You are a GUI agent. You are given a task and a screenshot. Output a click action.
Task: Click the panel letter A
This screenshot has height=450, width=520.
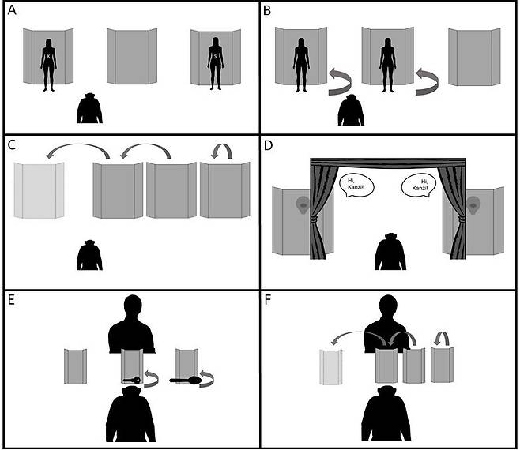pyautogui.click(x=12, y=10)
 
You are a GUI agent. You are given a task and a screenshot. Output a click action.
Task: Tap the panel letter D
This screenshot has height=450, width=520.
pyautogui.click(x=268, y=145)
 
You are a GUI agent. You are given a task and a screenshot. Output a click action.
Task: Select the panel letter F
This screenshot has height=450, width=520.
pyautogui.click(x=267, y=300)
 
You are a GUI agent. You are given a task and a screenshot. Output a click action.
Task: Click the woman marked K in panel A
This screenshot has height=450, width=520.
pyautogui.click(x=48, y=65)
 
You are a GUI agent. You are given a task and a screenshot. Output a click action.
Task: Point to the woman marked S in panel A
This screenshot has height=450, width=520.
pyautogui.click(x=216, y=63)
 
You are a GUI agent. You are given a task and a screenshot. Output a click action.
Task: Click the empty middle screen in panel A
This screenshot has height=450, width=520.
pyautogui.click(x=132, y=56)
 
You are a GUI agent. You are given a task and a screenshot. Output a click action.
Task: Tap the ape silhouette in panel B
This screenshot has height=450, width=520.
pyautogui.click(x=351, y=110)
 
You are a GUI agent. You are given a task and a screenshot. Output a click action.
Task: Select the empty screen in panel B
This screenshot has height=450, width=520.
pyautogui.click(x=474, y=57)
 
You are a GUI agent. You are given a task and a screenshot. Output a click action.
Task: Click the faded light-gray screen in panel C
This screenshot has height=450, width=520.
pyautogui.click(x=40, y=190)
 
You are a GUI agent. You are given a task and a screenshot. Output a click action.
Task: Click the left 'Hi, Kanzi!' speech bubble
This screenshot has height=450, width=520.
pyautogui.click(x=357, y=185)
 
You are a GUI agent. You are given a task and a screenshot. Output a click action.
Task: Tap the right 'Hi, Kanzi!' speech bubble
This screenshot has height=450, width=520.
pyautogui.click(x=419, y=185)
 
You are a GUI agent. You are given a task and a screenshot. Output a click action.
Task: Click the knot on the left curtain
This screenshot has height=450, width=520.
pyautogui.click(x=314, y=219)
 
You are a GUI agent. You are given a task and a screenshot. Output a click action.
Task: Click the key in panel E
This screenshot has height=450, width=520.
pyautogui.click(x=132, y=380)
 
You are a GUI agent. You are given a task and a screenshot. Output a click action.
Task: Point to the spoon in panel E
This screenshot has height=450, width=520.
pyautogui.click(x=185, y=381)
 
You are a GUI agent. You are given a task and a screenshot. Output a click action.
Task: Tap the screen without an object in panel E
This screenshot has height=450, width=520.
pyautogui.click(x=76, y=366)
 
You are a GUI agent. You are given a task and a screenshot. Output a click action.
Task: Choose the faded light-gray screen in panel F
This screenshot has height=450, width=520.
pyautogui.click(x=331, y=367)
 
